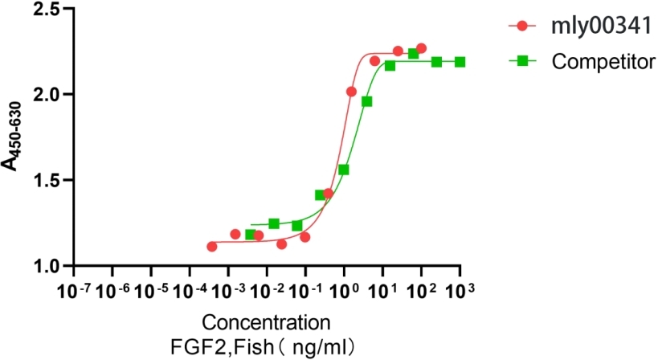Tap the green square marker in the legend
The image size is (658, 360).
click(523, 60)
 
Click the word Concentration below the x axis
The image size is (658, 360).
click(265, 324)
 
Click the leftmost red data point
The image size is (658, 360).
click(212, 246)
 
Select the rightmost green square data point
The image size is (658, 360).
click(460, 62)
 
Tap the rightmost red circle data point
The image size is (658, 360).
click(421, 48)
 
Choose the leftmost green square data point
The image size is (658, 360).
click(250, 235)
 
